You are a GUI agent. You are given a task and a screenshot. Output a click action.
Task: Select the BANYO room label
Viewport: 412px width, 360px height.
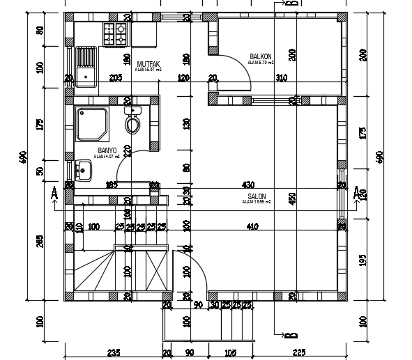[107, 150]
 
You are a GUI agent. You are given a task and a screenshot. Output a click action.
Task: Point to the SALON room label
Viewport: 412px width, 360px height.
[256, 196]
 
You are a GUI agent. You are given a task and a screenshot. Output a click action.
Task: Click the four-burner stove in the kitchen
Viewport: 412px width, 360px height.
[115, 33]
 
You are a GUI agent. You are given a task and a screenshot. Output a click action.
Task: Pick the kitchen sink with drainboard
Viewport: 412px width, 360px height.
[86, 65]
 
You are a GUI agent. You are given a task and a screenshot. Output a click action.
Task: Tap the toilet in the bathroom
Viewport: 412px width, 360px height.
[132, 123]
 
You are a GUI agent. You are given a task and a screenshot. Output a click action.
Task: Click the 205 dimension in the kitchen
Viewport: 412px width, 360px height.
[116, 77]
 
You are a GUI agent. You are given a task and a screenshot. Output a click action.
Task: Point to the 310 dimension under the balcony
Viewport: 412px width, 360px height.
[282, 77]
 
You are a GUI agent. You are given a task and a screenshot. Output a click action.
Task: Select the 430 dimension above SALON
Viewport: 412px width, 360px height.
[247, 185]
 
